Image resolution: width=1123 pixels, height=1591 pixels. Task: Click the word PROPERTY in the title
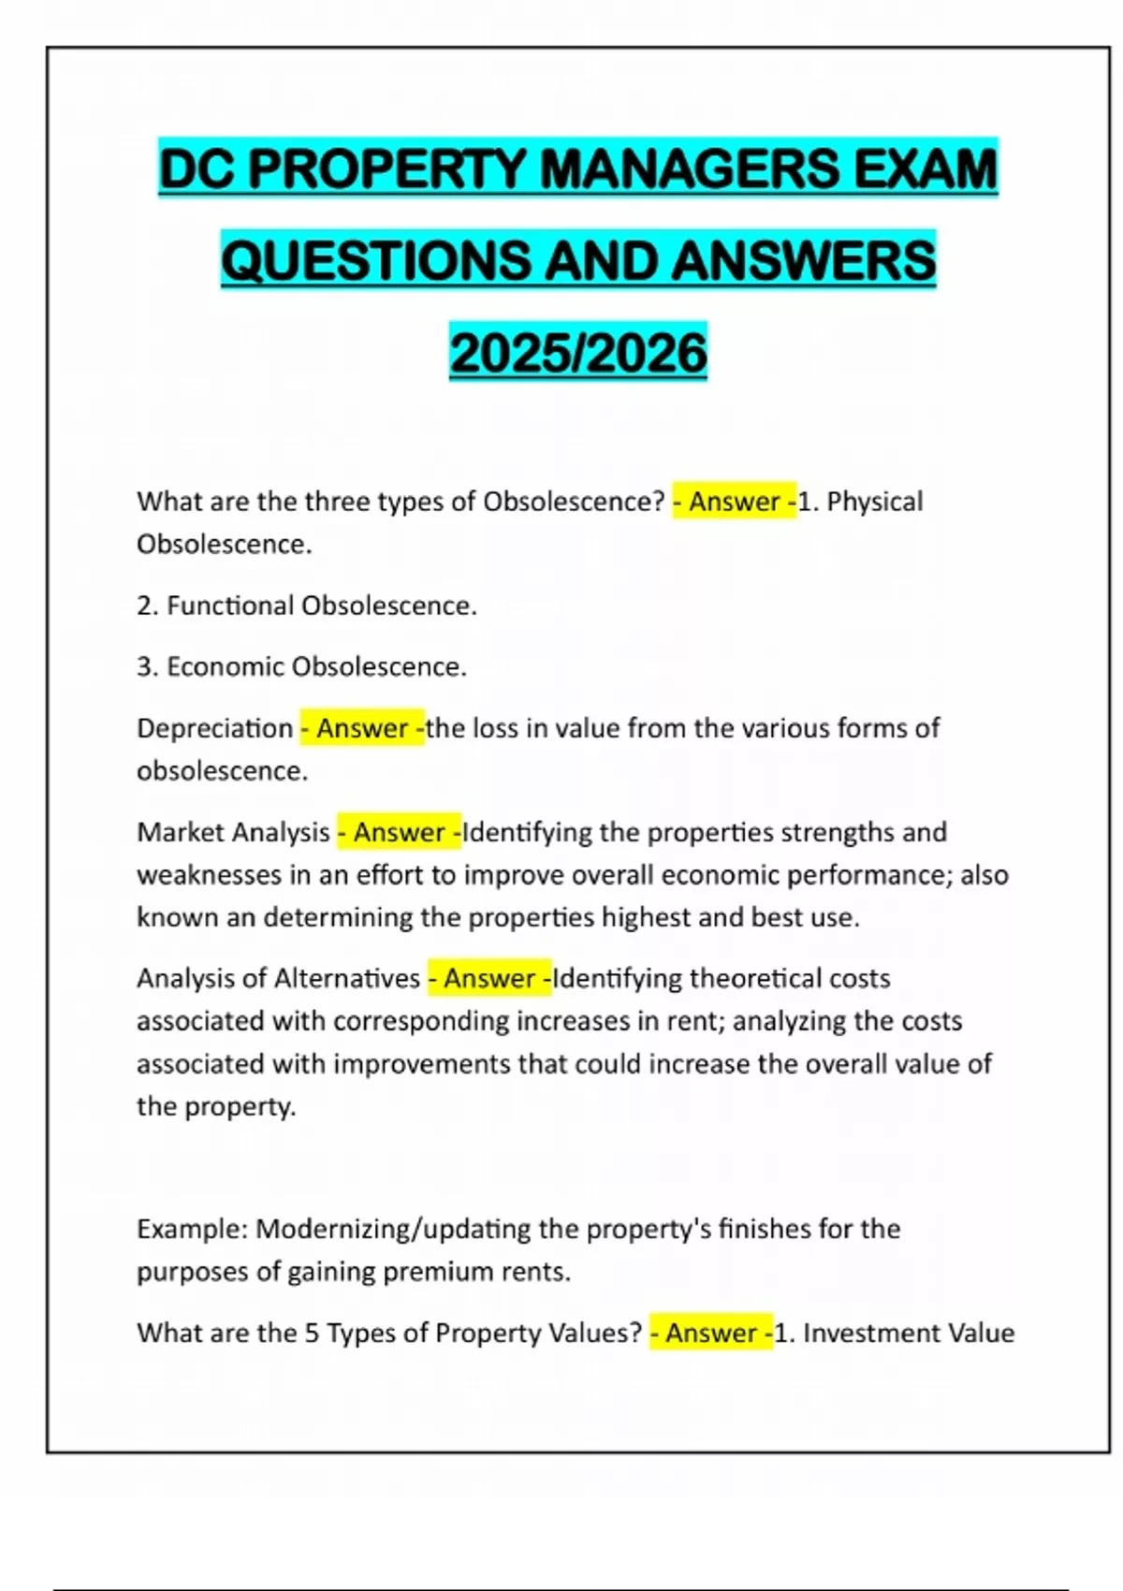point(387,169)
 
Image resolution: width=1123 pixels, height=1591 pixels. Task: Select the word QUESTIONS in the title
point(374,260)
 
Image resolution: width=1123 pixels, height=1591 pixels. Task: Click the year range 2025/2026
point(578,353)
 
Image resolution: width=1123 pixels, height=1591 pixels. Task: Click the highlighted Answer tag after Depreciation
point(362,728)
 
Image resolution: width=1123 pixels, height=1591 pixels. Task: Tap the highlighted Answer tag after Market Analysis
point(400,832)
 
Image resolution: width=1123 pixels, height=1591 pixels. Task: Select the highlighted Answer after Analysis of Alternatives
point(489,978)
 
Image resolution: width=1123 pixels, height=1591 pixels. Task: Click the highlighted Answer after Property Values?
point(711,1333)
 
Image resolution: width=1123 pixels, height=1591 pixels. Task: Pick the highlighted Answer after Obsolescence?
point(735,502)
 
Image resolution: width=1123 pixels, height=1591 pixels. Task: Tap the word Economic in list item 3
point(225,666)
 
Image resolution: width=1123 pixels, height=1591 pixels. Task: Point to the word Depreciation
point(215,728)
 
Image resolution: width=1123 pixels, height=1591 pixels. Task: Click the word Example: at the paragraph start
point(192,1228)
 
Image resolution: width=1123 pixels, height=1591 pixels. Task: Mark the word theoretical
point(743,978)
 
